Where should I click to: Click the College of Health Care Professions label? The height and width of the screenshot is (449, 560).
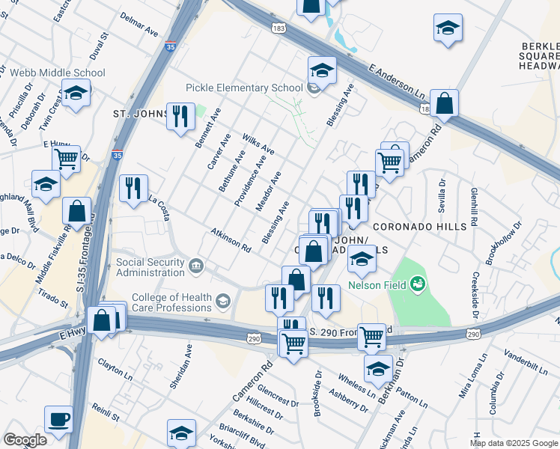click(x=171, y=302)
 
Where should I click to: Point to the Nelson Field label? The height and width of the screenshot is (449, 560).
click(x=377, y=285)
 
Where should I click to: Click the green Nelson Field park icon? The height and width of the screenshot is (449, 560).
click(x=417, y=283)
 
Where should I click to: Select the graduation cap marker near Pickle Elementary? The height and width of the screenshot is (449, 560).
click(x=322, y=71)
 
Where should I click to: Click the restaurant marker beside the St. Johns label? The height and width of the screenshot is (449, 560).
click(x=180, y=117)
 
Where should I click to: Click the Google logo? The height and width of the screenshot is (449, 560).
click(x=25, y=440)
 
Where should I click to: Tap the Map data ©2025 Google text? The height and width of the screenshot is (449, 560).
click(x=513, y=443)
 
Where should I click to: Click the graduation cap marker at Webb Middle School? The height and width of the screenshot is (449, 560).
click(x=75, y=94)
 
